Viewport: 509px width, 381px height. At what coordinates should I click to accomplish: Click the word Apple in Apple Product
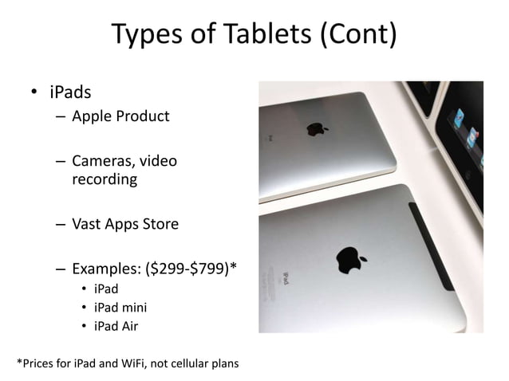(93, 116)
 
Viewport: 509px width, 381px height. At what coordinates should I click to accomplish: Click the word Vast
(89, 224)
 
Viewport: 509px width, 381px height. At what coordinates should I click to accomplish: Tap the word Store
(158, 224)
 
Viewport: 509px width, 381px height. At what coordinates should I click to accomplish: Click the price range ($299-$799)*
(192, 269)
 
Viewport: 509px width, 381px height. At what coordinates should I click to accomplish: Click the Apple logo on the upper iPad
(317, 128)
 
